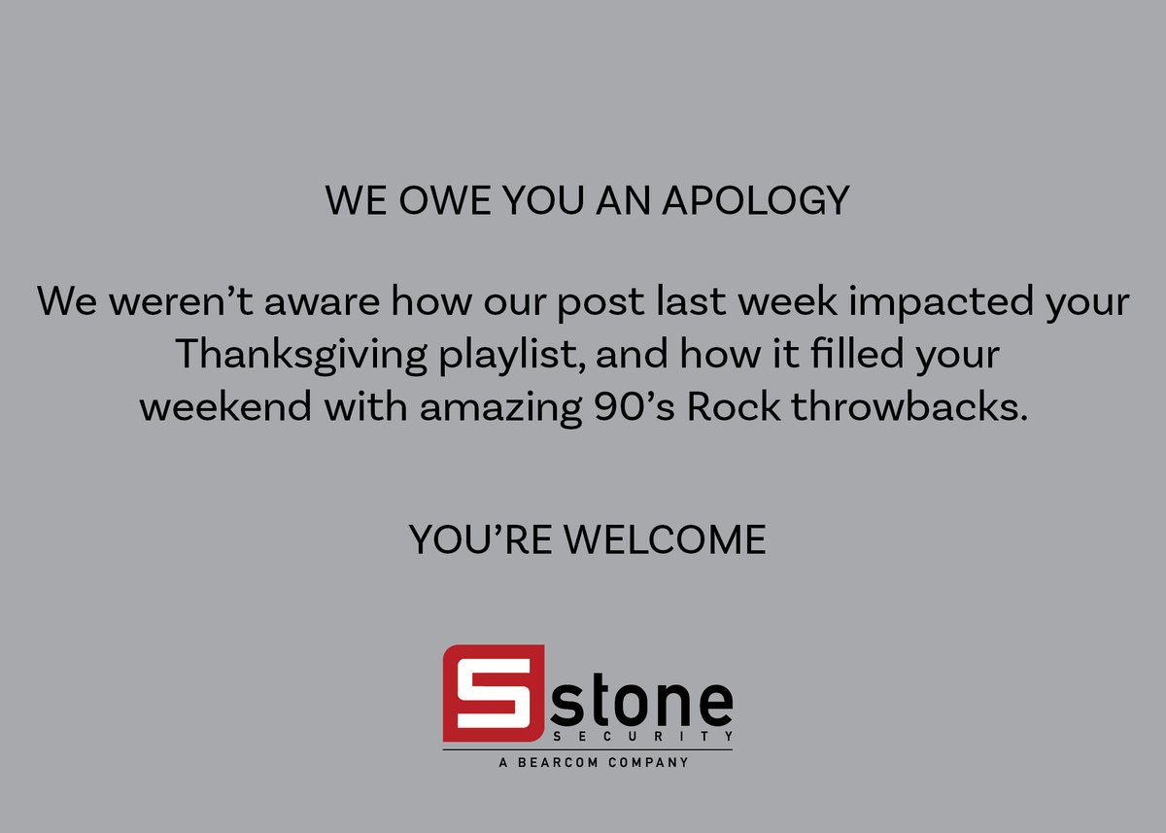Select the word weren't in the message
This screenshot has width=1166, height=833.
click(174, 302)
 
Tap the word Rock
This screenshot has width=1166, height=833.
click(734, 407)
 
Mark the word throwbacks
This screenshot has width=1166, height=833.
click(909, 407)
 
